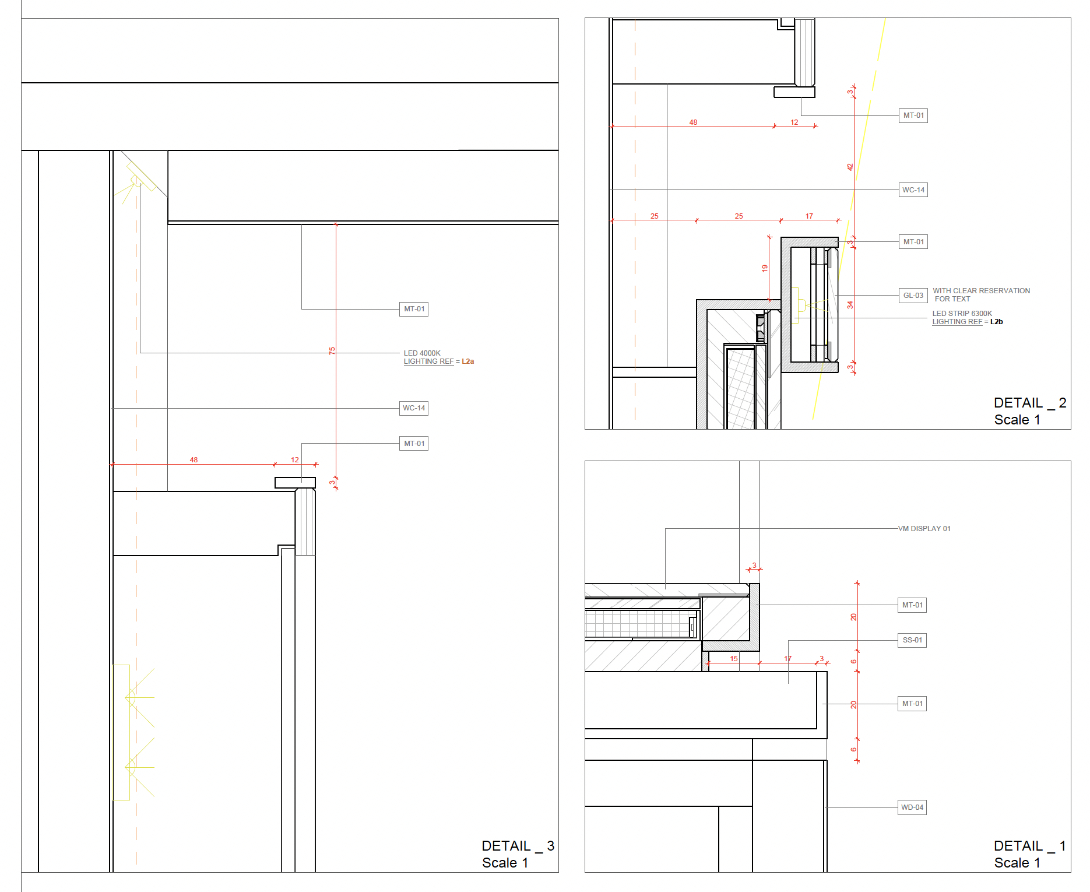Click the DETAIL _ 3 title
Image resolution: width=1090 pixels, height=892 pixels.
click(x=518, y=846)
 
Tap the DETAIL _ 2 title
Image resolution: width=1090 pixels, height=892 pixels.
click(x=1030, y=403)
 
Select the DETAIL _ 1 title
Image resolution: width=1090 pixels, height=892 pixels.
click(x=1030, y=846)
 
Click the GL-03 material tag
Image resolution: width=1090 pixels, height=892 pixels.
click(x=913, y=296)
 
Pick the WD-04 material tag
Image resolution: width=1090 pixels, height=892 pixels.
click(x=912, y=807)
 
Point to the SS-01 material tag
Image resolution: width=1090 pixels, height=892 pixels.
click(x=912, y=640)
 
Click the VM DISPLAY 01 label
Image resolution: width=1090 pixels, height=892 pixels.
click(x=924, y=529)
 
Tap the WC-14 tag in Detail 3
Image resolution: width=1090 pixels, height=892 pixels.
click(x=414, y=408)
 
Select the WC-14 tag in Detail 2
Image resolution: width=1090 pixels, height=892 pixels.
click(x=913, y=189)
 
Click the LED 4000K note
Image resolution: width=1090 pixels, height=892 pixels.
click(x=422, y=353)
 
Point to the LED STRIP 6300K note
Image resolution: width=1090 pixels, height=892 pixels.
click(x=962, y=314)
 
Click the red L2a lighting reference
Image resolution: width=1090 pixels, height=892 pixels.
click(x=467, y=361)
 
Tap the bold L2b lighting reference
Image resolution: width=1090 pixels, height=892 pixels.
click(x=996, y=322)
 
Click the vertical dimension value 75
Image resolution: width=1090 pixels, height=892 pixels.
click(x=332, y=350)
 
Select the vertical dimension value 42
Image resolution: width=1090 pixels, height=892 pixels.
click(x=850, y=167)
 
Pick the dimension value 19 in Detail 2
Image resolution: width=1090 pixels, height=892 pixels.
click(x=765, y=268)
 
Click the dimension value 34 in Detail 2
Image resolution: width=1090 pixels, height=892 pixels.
click(x=850, y=304)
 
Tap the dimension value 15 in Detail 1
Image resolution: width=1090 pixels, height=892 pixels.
click(x=734, y=658)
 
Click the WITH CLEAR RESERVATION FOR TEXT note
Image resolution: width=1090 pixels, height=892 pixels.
click(x=981, y=295)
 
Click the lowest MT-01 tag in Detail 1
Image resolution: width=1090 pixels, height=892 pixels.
click(x=912, y=704)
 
